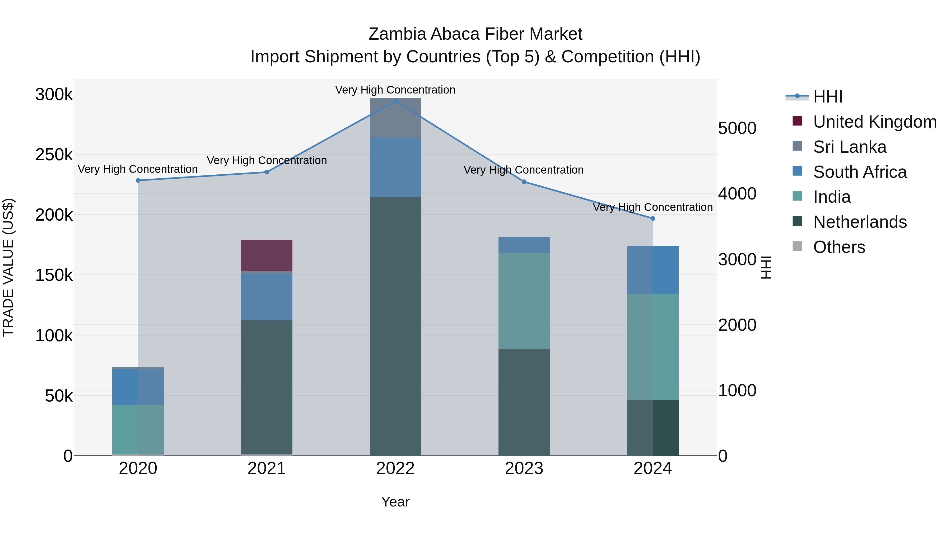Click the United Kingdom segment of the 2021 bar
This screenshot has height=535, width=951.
267,255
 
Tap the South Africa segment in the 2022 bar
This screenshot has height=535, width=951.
395,168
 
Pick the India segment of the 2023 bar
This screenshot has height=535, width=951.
524,301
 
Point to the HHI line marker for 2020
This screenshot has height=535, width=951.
138,180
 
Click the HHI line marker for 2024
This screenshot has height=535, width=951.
653,218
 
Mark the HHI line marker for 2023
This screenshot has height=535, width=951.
524,182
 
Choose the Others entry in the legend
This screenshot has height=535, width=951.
839,247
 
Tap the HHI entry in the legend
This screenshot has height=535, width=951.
827,97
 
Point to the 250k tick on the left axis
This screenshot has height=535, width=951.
54,155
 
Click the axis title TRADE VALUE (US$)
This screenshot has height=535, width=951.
8,267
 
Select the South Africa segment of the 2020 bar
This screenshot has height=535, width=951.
138,387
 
